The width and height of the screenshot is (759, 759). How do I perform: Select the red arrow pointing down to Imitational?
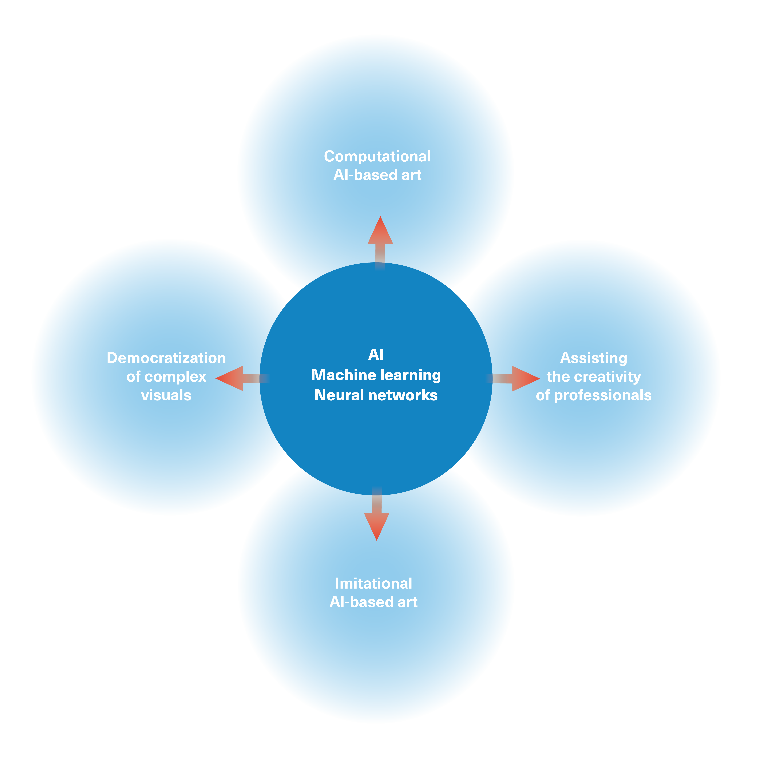pos(376,514)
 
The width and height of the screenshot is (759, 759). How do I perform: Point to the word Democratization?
pos(166,358)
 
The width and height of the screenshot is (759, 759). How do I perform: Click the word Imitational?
pos(373,583)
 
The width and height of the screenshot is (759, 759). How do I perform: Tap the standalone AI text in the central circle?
pos(376,355)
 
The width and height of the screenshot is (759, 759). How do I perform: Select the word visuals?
pos(166,395)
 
